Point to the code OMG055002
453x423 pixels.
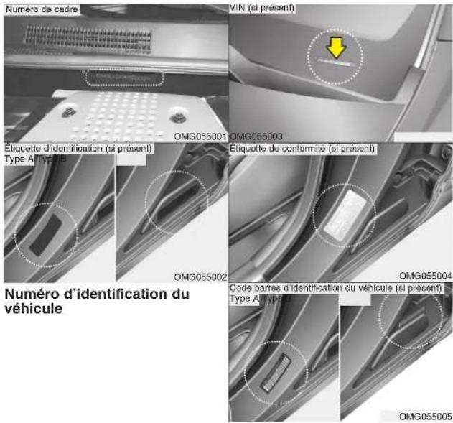(x=200, y=276)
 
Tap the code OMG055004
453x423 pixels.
(x=426, y=275)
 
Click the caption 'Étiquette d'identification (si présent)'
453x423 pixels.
(x=78, y=148)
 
